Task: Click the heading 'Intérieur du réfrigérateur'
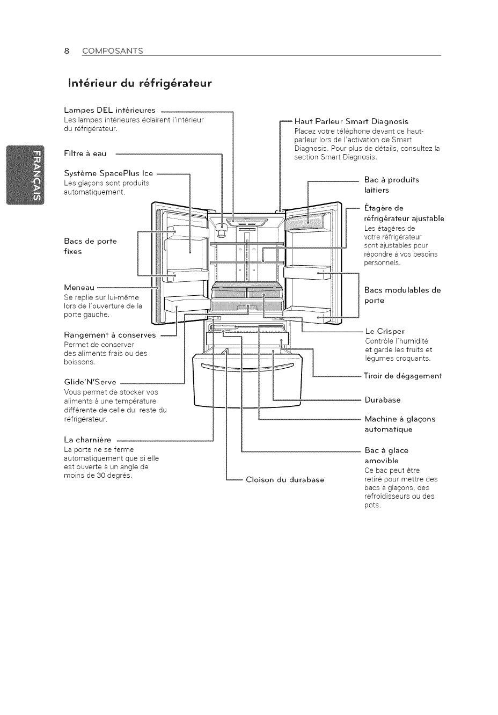(x=140, y=84)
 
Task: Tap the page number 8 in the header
(x=67, y=51)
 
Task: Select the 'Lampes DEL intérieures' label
(x=109, y=111)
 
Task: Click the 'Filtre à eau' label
(x=85, y=154)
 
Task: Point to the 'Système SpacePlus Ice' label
(x=108, y=173)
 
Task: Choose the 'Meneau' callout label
(x=79, y=288)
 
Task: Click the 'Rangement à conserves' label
(x=109, y=335)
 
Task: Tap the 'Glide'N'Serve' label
(x=90, y=383)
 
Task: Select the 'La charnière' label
(x=87, y=440)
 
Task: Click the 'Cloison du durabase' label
(x=284, y=479)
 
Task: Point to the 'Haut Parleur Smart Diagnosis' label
(x=351, y=121)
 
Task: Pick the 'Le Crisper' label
(x=385, y=331)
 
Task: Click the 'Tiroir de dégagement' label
(x=402, y=376)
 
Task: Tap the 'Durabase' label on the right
(x=383, y=400)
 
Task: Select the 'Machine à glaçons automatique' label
(x=400, y=424)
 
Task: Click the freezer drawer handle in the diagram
(x=247, y=368)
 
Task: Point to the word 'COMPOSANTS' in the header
(x=112, y=51)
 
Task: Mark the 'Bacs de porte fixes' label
(x=90, y=246)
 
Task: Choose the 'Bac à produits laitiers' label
(x=391, y=185)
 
